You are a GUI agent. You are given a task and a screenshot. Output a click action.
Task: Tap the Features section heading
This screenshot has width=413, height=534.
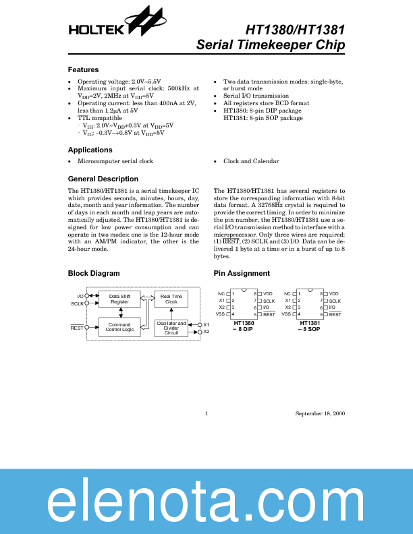point(84,70)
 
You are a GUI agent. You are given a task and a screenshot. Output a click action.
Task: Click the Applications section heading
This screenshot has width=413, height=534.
point(90,150)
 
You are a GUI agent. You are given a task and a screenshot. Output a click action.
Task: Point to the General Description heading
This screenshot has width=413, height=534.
point(103,179)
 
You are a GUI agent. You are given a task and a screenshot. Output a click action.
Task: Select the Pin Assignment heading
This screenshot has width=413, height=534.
point(242,273)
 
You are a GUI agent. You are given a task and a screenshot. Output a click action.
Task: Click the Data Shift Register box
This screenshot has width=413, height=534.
point(119,299)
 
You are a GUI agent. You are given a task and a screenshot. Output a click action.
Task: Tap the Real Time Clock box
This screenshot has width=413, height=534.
point(171,299)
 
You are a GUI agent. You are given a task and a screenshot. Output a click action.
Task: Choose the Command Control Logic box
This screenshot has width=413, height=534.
point(119,327)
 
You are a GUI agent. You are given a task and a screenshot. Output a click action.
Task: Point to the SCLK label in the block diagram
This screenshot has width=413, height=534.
point(76,304)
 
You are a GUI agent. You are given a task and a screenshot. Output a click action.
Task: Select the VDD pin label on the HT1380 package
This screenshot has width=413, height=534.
point(268,294)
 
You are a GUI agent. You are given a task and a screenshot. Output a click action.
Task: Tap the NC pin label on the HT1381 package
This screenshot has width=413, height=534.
point(287,294)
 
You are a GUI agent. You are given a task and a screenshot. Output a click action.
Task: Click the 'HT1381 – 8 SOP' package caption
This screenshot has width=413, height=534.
point(310,326)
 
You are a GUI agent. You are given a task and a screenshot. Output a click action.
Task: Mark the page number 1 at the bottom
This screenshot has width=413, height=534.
point(206,413)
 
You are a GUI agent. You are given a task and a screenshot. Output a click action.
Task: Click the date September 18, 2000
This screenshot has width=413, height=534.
point(320,413)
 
